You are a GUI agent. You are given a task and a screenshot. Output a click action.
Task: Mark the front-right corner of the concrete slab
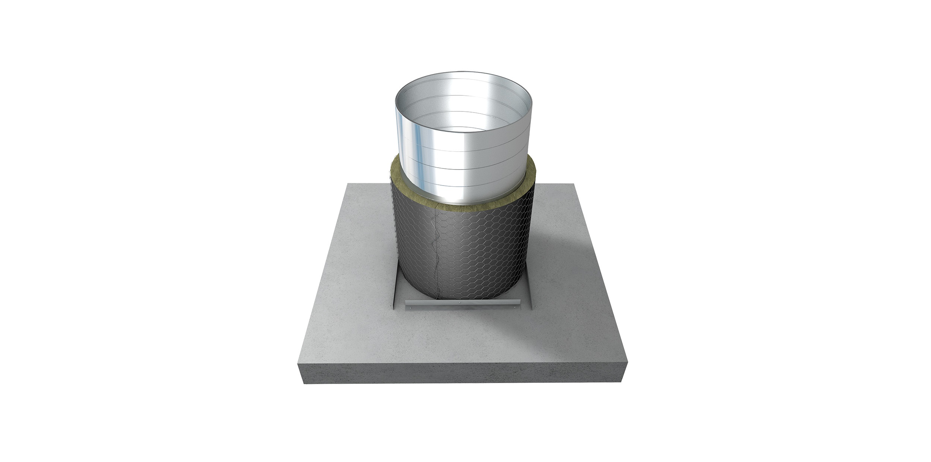pos(627,362)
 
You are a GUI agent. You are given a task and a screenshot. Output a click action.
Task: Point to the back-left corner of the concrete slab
pos(347,184)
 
